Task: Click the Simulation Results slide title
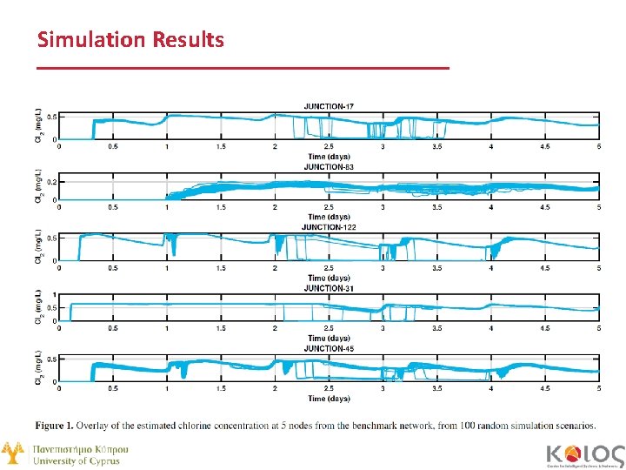(130, 40)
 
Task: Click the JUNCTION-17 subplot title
(328, 106)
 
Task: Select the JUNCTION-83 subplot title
(328, 166)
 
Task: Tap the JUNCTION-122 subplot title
(328, 227)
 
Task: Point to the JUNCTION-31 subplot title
(328, 287)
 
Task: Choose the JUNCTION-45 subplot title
(328, 348)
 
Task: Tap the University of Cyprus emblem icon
(12, 453)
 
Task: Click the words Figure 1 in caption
(55, 426)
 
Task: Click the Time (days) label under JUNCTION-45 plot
(328, 399)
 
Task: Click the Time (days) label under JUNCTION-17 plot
(328, 157)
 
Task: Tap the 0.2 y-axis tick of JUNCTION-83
(51, 182)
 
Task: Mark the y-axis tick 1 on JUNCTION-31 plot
(55, 294)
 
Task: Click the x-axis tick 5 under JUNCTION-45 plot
(599, 389)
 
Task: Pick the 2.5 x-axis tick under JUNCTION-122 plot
(328, 268)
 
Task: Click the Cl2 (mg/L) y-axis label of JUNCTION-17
(37, 126)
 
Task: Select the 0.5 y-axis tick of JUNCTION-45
(51, 359)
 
